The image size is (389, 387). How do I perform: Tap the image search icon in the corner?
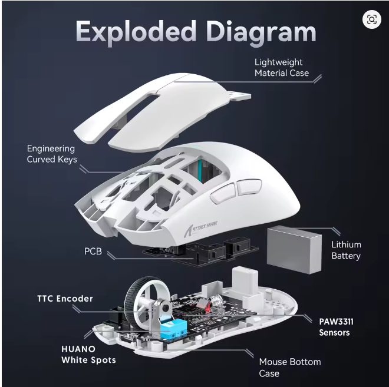coord(371,19)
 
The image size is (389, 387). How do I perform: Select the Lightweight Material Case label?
coord(281,67)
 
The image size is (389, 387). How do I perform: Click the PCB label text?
coord(93,252)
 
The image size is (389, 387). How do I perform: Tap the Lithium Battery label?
coord(345,250)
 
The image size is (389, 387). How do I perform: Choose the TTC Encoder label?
coord(65,299)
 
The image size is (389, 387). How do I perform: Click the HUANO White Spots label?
coord(88,354)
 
